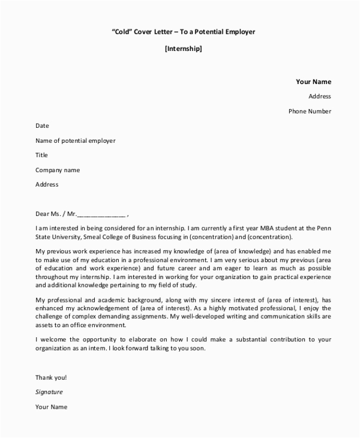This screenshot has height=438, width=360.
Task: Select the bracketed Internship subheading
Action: (183, 49)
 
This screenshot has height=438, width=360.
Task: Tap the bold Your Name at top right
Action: (313, 82)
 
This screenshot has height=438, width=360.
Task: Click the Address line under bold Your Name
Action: (320, 96)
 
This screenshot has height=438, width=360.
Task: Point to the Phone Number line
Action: (310, 111)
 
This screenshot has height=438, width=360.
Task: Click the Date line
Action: (42, 126)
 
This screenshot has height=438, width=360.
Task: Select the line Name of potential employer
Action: (76, 141)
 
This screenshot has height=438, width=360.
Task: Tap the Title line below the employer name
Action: (41, 155)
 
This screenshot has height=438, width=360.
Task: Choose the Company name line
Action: (58, 170)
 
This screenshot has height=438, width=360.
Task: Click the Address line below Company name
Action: (47, 185)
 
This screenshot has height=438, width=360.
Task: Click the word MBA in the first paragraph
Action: (254, 229)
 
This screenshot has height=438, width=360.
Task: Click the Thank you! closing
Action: (51, 377)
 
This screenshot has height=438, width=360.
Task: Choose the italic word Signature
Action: (49, 392)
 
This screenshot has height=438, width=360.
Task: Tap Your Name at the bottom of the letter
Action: (52, 407)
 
